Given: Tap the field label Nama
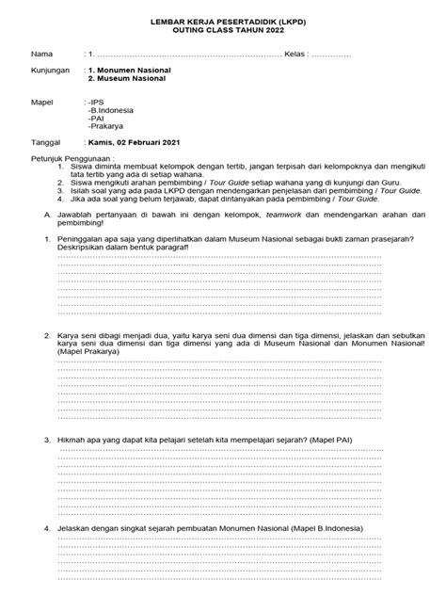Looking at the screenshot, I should [x=42, y=55].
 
